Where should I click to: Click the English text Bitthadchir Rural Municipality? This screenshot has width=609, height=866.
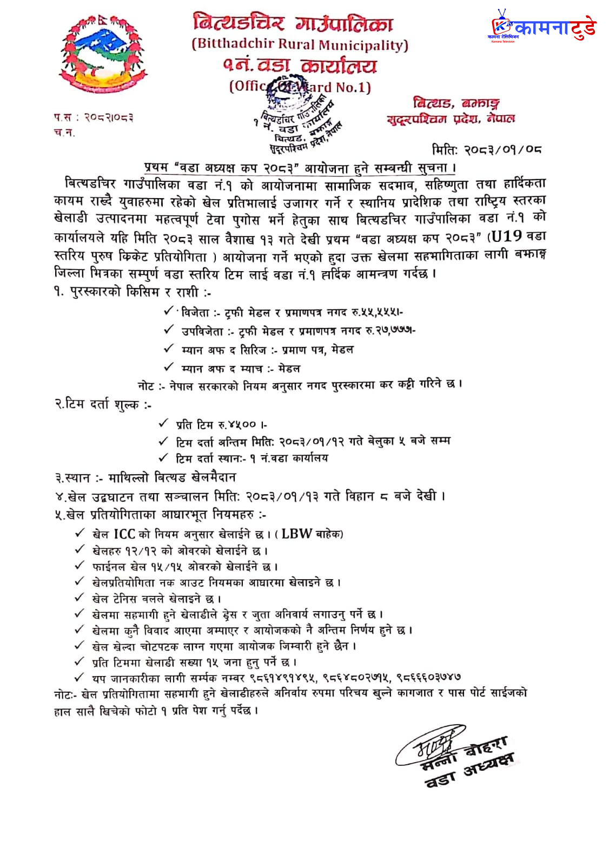pyautogui.click(x=300, y=45)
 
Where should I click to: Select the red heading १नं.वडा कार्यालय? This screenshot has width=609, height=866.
pyautogui.click(x=300, y=66)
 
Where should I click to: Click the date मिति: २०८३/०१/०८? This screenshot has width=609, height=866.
pyautogui.click(x=487, y=149)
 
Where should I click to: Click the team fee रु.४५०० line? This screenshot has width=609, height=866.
pyautogui.click(x=222, y=424)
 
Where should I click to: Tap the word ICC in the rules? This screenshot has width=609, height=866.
pyautogui.click(x=124, y=534)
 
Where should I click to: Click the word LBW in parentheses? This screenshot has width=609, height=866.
pyautogui.click(x=296, y=534)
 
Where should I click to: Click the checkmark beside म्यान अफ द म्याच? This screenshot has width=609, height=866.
pyautogui.click(x=169, y=367)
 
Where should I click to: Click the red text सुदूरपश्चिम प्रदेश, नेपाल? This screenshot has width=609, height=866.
pyautogui.click(x=451, y=119)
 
